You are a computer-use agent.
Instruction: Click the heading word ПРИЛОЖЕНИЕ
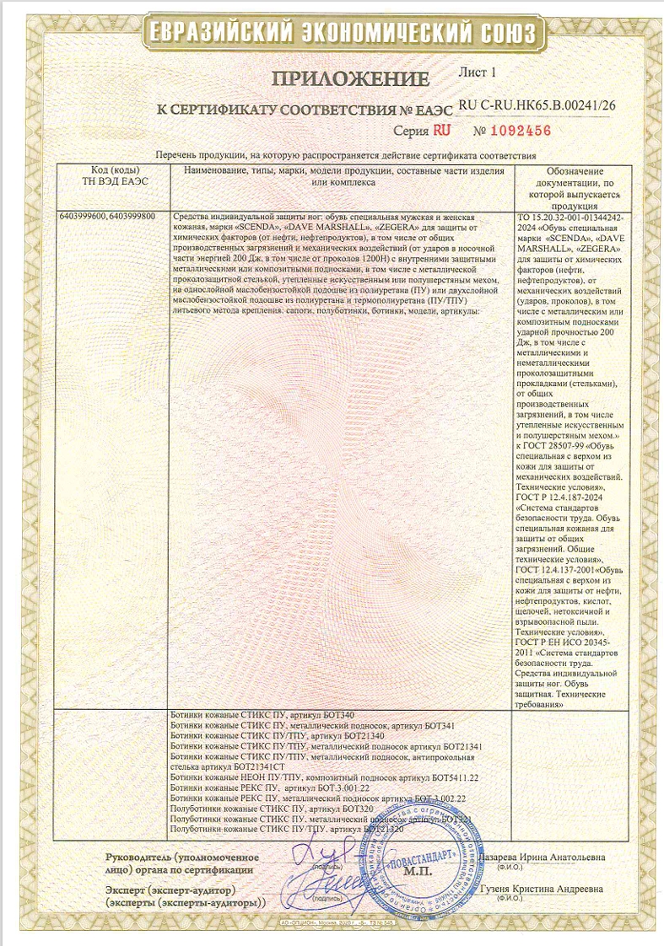coord(351,80)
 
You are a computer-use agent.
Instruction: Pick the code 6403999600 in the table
coord(83,217)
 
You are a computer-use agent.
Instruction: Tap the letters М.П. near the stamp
coord(417,872)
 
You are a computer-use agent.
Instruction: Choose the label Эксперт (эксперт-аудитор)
coord(170,890)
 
